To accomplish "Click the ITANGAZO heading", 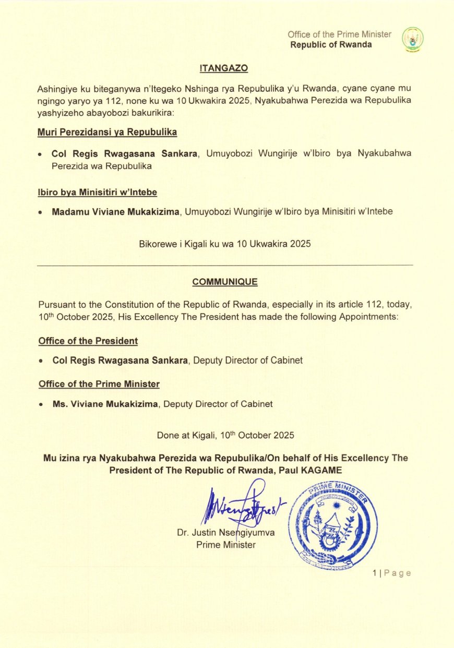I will pos(224,68).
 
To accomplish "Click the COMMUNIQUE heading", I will pos(224,282).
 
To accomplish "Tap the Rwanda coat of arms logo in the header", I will pos(413,39).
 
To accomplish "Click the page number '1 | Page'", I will pos(392,573).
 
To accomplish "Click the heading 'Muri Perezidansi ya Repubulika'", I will pos(107,132).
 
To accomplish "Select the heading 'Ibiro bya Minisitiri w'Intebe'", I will pos(98,192).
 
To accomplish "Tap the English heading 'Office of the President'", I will pos(88,341).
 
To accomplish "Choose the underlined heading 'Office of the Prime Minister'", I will pos(99,384).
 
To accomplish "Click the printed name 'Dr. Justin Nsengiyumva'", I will pos(226,533).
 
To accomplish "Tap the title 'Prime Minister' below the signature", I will pos(226,545).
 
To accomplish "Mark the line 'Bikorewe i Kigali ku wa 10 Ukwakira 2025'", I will pos(225,244).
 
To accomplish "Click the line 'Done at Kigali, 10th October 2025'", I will pos(225,435).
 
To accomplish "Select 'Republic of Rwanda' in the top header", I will pos(331,44).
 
